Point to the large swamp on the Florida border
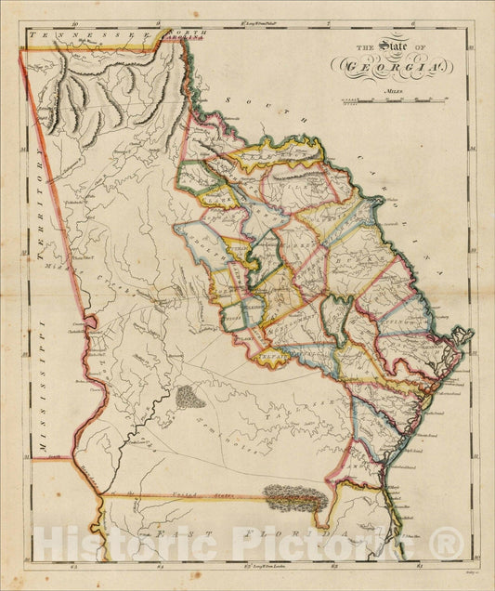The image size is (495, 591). pos(295,500)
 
